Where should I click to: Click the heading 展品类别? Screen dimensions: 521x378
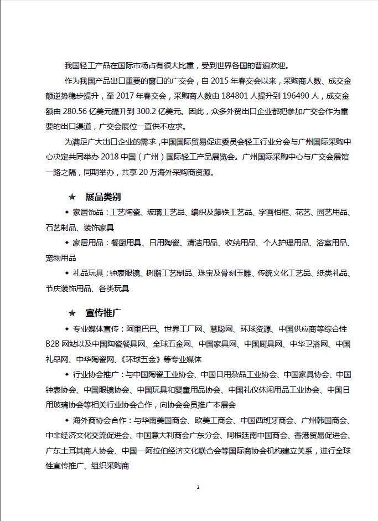(103, 197)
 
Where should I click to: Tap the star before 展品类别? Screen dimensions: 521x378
(72, 197)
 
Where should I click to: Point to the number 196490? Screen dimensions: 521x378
(291, 96)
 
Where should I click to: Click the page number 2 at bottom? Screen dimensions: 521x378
(198, 487)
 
